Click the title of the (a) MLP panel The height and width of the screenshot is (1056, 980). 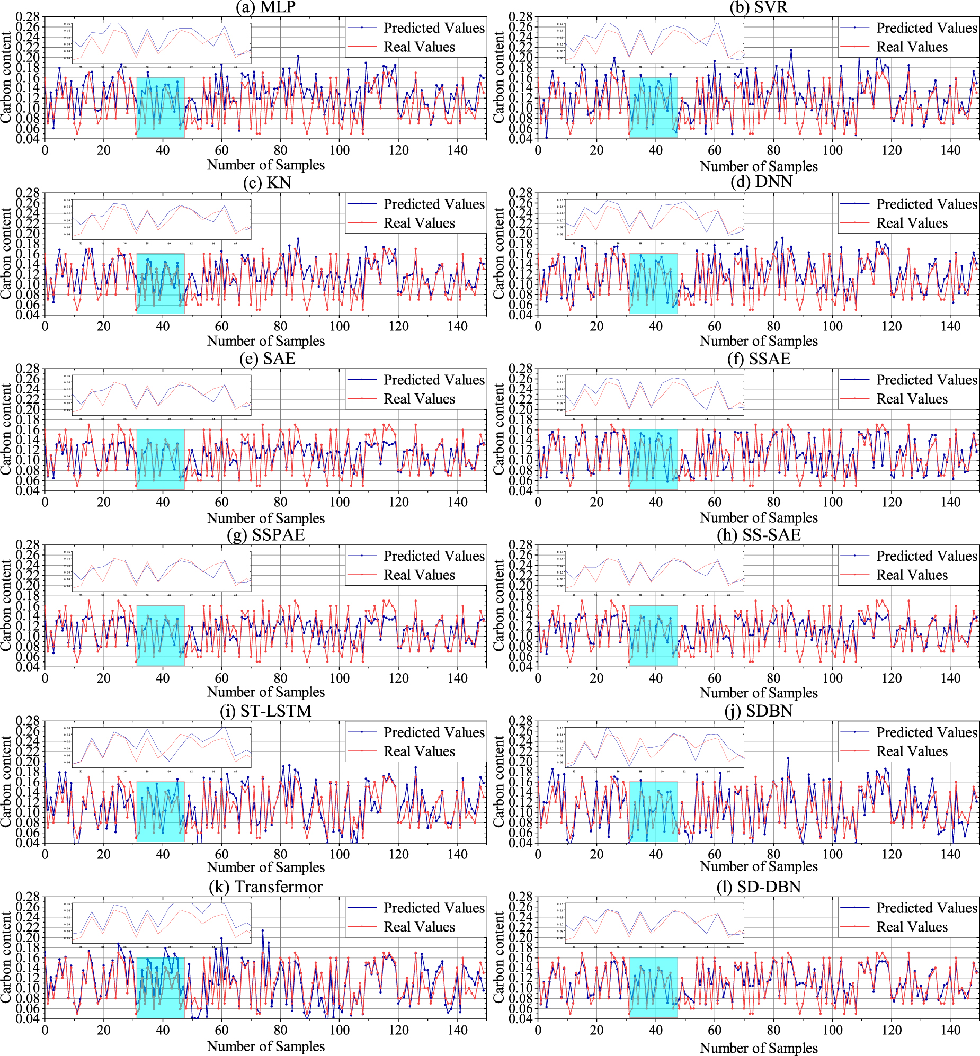[x=266, y=7]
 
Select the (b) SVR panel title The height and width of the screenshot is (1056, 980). [x=759, y=7]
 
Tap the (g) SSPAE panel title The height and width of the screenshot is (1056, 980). [x=266, y=534]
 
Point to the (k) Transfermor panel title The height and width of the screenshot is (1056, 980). [x=266, y=887]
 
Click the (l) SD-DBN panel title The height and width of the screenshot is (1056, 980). [x=759, y=887]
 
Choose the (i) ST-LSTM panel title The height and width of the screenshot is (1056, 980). [x=266, y=710]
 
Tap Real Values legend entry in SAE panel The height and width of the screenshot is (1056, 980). [x=419, y=399]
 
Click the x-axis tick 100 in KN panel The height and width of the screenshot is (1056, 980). [x=340, y=326]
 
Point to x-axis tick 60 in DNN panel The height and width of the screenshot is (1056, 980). [x=714, y=326]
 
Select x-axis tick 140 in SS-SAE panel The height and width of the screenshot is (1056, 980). [x=950, y=678]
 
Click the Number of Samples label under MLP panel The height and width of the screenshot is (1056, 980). [x=266, y=165]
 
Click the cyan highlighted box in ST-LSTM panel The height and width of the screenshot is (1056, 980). [x=160, y=811]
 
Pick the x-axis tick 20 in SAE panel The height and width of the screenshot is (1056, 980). [x=103, y=502]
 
